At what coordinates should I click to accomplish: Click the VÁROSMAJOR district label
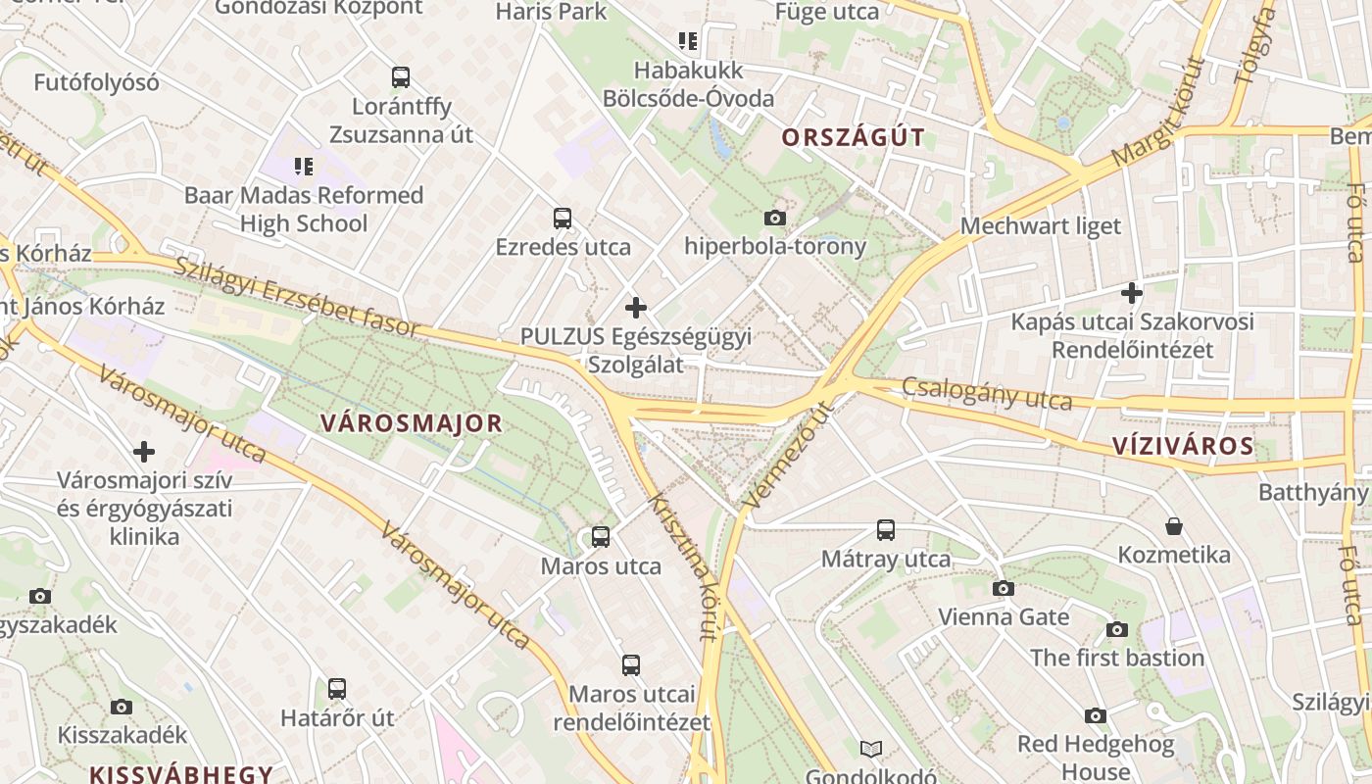click(x=412, y=423)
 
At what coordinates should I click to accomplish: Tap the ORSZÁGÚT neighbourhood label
click(x=853, y=137)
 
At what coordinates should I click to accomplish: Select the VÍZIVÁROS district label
click(x=1183, y=447)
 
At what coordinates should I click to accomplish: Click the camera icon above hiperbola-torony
click(x=775, y=218)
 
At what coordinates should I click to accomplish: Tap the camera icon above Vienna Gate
click(x=1004, y=588)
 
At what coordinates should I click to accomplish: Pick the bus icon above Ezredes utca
click(x=563, y=218)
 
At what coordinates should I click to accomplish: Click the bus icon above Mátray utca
click(x=886, y=530)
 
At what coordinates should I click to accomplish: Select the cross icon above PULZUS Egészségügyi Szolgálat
click(x=636, y=308)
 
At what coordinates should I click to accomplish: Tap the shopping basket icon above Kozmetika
click(x=1174, y=526)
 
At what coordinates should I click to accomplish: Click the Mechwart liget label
click(x=1041, y=226)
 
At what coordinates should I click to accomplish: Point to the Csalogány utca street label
click(x=987, y=394)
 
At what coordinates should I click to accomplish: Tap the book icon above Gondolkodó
click(x=871, y=750)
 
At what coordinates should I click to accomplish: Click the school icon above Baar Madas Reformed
click(x=304, y=167)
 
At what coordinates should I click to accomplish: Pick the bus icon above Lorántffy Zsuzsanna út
click(x=401, y=76)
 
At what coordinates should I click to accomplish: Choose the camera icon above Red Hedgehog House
click(x=1096, y=716)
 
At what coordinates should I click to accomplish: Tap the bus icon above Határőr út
click(x=337, y=688)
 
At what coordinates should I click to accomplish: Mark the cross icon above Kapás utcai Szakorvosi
click(x=1132, y=293)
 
